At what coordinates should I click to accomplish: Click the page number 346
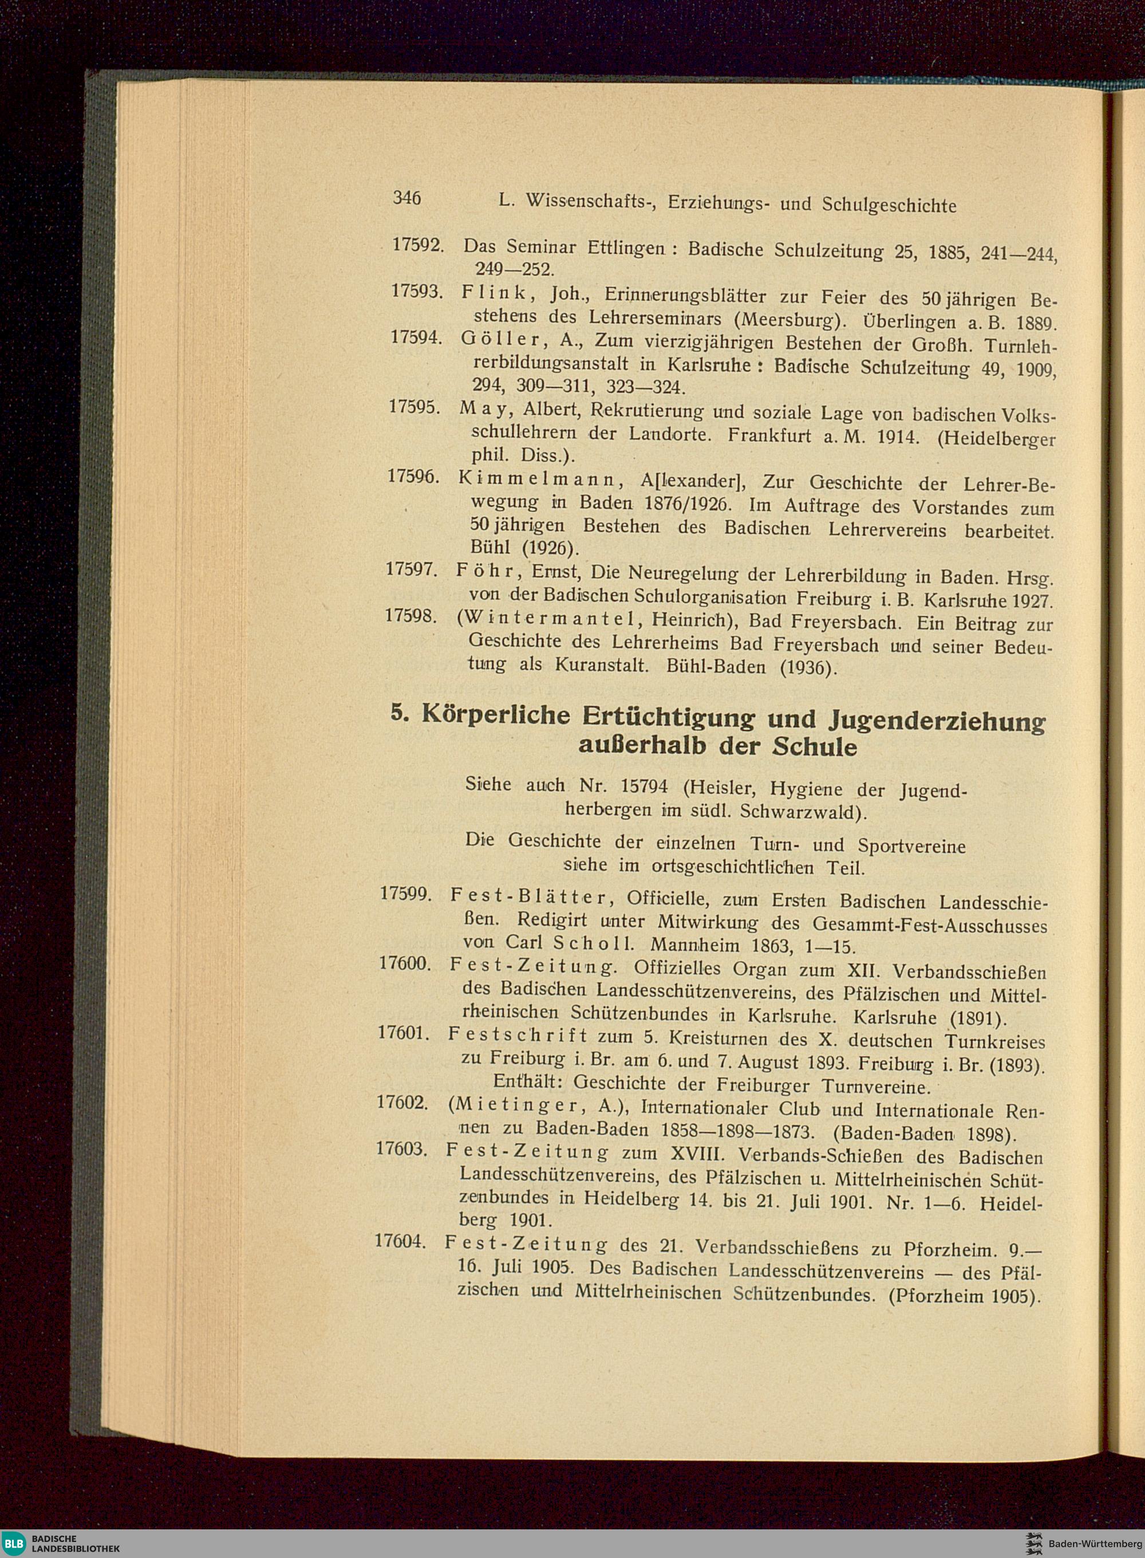(407, 198)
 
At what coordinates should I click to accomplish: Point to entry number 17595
(415, 407)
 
